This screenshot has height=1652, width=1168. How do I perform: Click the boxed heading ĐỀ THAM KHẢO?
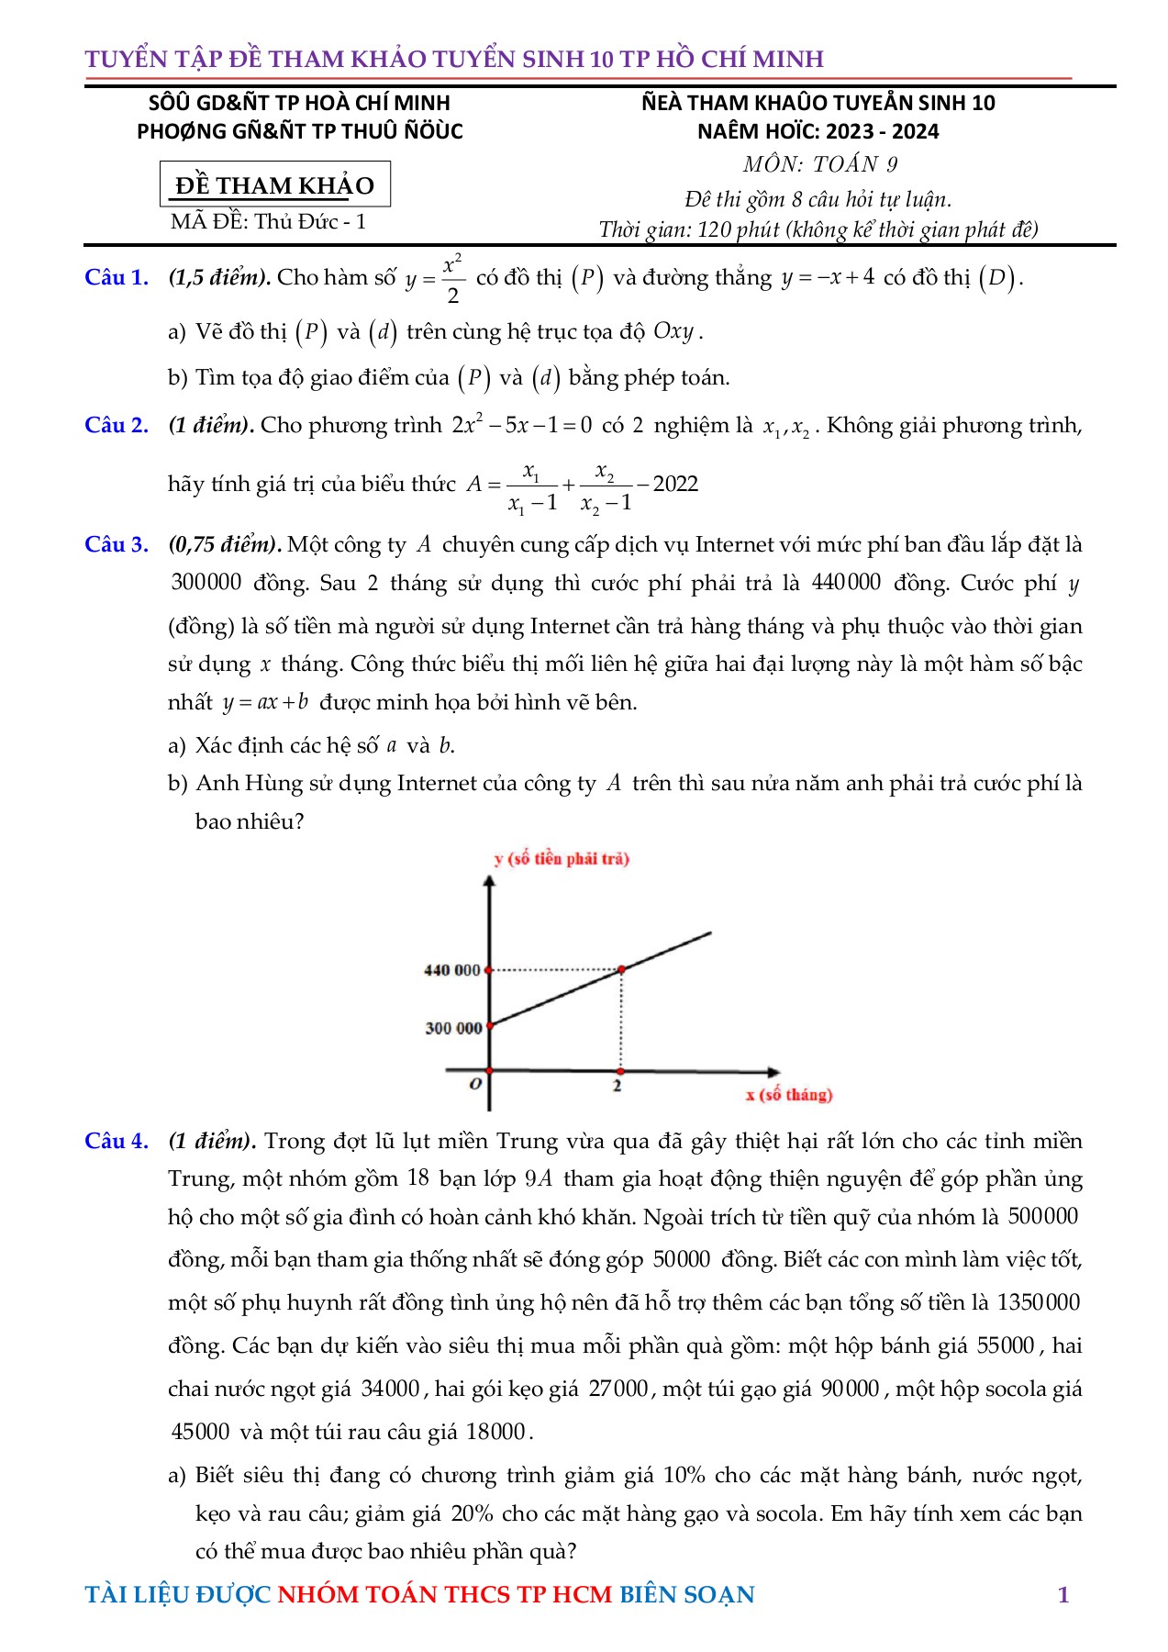274,185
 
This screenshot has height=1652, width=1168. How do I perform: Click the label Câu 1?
117,278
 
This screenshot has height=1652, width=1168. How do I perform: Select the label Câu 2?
117,426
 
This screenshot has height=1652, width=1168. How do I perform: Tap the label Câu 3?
117,545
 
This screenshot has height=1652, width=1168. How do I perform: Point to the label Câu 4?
117,1142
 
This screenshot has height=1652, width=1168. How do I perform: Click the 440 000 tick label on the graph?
451,970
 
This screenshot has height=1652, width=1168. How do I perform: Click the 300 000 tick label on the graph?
453,1029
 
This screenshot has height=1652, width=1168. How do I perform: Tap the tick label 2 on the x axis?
617,1086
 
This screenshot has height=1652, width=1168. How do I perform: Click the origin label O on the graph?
475,1084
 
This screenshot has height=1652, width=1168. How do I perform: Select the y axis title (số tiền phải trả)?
562,859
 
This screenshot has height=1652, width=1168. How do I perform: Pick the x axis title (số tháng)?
789,1095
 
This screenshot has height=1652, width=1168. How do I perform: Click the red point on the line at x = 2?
622,969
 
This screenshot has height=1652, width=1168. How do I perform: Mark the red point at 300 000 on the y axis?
489,1026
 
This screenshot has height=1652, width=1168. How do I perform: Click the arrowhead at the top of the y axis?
489,882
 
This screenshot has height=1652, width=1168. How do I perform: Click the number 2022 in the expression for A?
675,484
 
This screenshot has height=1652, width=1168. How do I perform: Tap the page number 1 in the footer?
1063,1595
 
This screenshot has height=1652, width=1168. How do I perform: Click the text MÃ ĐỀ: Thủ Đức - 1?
268,222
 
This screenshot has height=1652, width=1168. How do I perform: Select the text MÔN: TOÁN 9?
819,164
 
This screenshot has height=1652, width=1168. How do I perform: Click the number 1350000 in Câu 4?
1039,1303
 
